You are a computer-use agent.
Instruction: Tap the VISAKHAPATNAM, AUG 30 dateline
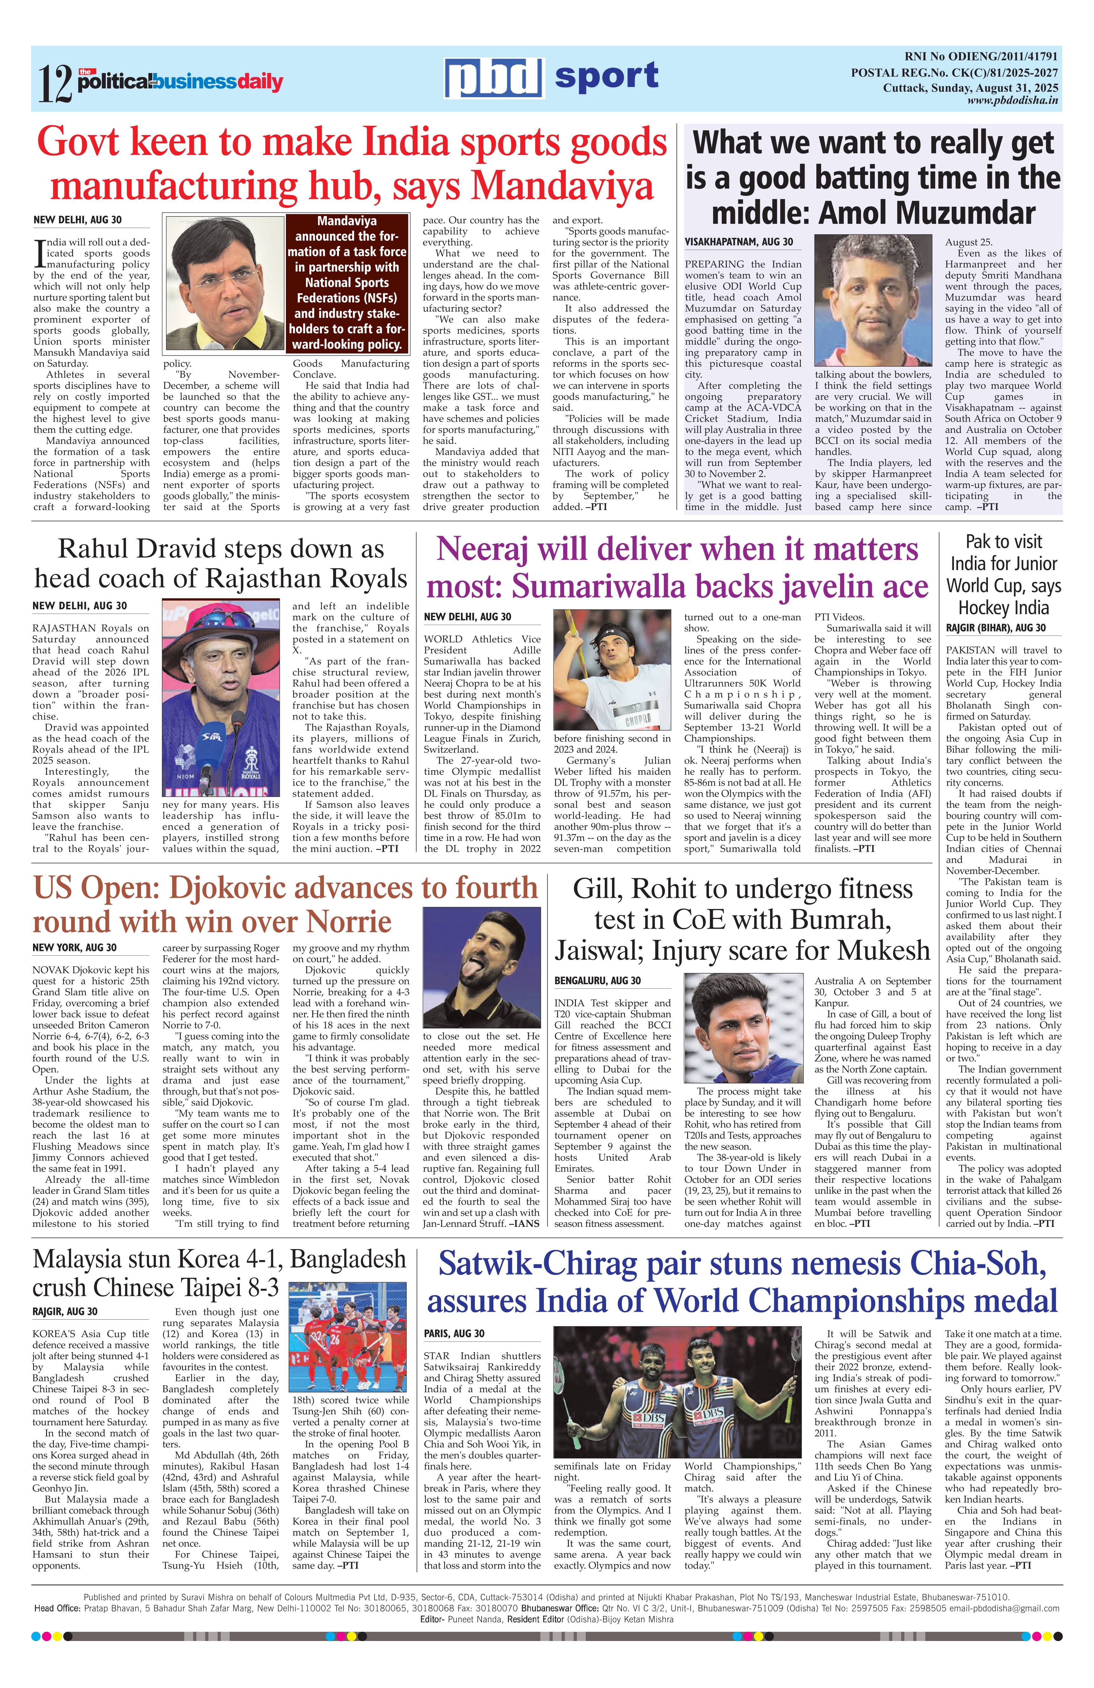(x=739, y=242)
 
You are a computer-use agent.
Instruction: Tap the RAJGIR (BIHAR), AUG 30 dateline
(x=996, y=628)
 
